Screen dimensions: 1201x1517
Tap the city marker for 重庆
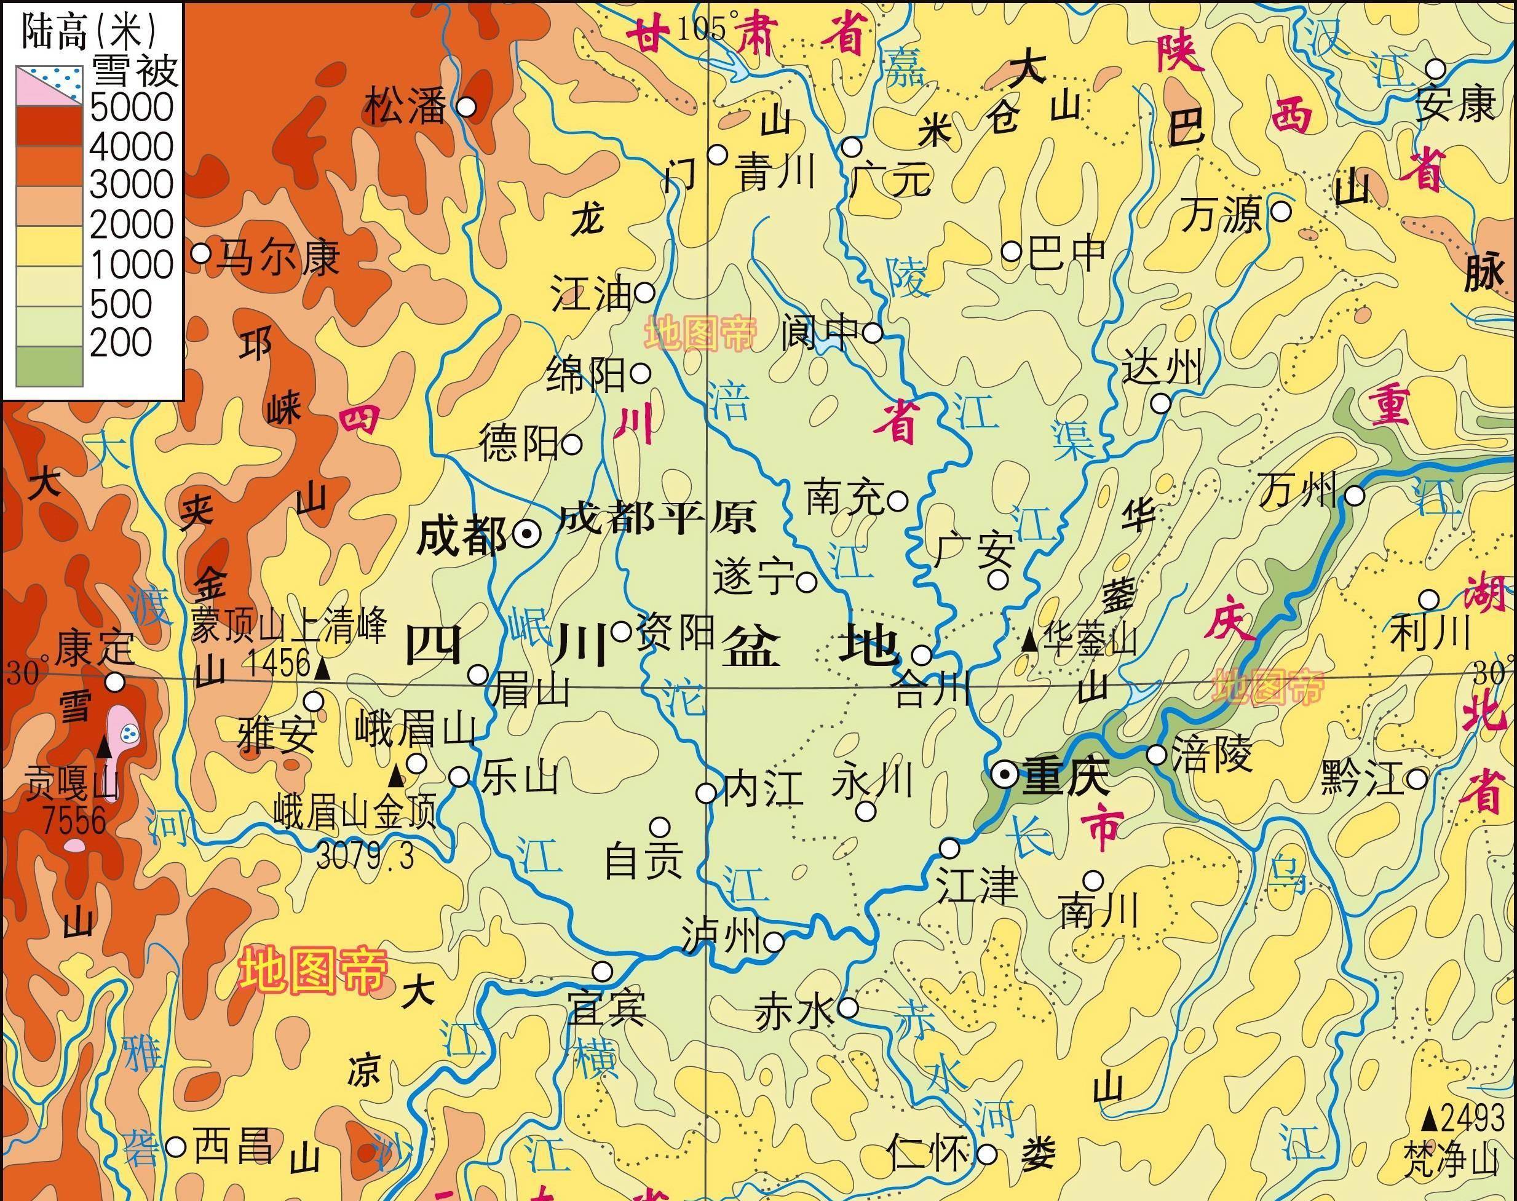(x=1005, y=775)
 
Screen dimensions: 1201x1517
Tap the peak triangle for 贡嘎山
(x=105, y=747)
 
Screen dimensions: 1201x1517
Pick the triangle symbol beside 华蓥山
(x=1028, y=640)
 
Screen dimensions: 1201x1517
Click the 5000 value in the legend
(x=131, y=108)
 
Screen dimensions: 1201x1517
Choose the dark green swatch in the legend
(x=49, y=367)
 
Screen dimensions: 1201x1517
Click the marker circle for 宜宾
(x=602, y=972)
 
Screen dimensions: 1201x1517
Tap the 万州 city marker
(x=1355, y=496)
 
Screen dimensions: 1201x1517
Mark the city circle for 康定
(x=114, y=681)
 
